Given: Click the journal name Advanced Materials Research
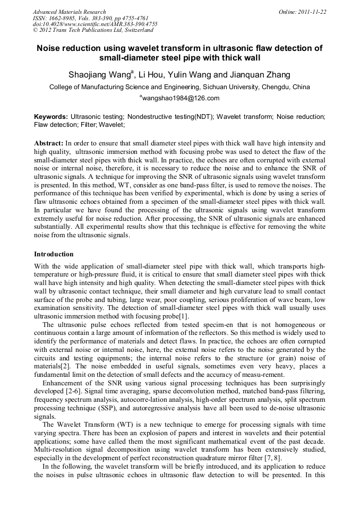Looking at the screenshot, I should (x=69, y=12).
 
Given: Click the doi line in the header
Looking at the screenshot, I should (x=95, y=24).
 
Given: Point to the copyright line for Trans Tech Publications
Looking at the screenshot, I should (x=93, y=31).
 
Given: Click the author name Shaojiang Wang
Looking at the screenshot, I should (x=99, y=75).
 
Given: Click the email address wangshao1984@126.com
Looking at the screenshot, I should (x=181, y=98).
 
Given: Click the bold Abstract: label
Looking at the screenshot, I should (x=48, y=143).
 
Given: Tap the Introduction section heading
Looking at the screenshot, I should (x=54, y=254).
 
